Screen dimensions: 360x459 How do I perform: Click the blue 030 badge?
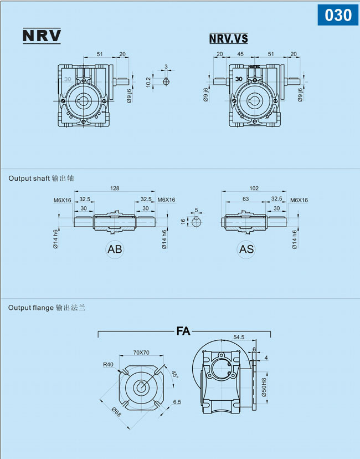click(338, 15)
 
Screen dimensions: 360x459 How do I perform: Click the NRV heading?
click(42, 35)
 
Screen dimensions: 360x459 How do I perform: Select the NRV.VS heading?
click(229, 38)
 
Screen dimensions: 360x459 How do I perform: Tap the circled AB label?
click(115, 249)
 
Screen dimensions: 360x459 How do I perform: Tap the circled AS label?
click(246, 249)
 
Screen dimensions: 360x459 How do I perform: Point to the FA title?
click(183, 331)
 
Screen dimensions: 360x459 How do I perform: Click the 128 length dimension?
click(115, 188)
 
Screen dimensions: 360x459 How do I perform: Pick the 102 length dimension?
click(254, 188)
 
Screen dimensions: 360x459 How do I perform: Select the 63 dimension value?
click(246, 199)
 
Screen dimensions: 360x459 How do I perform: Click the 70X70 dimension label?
click(141, 353)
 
